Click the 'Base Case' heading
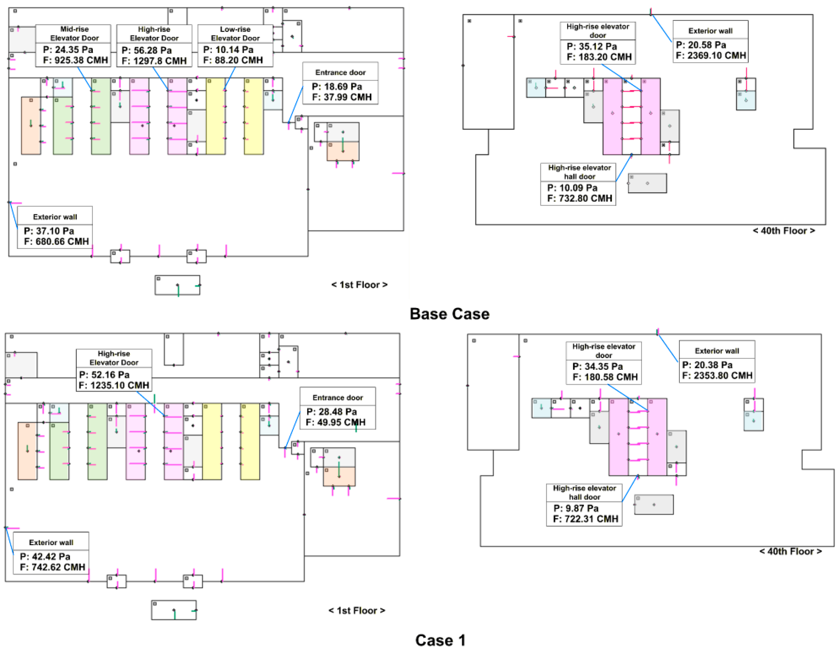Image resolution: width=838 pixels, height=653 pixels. pyautogui.click(x=449, y=314)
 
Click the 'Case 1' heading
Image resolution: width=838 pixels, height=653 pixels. pyautogui.click(x=440, y=640)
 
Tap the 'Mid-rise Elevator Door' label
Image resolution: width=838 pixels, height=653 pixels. pyautogui.click(x=74, y=33)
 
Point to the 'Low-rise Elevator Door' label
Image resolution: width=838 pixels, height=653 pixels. pyautogui.click(x=235, y=33)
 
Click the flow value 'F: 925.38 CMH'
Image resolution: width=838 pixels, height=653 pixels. pyautogui.click(x=75, y=60)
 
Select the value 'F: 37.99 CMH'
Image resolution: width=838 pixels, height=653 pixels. pyautogui.click(x=342, y=97)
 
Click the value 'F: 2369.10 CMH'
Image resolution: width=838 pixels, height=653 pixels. pyautogui.click(x=710, y=55)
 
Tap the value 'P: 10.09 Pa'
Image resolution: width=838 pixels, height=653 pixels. pyautogui.click(x=572, y=188)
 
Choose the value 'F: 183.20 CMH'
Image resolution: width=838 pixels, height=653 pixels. pyautogui.click(x=599, y=57)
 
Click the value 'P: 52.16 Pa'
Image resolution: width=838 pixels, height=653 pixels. pyautogui.click(x=104, y=375)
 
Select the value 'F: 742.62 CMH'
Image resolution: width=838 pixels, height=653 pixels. pyautogui.click(x=53, y=567)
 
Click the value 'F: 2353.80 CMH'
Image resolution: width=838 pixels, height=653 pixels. pyautogui.click(x=717, y=376)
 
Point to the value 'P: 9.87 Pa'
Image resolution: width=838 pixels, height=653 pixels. pyautogui.click(x=576, y=508)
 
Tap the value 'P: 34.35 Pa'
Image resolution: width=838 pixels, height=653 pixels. pyautogui.click(x=597, y=366)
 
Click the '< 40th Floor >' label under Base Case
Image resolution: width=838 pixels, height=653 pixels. pyautogui.click(x=784, y=231)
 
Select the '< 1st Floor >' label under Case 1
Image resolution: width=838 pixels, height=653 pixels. pyautogui.click(x=356, y=610)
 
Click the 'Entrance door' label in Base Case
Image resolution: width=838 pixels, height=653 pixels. pyautogui.click(x=340, y=72)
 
